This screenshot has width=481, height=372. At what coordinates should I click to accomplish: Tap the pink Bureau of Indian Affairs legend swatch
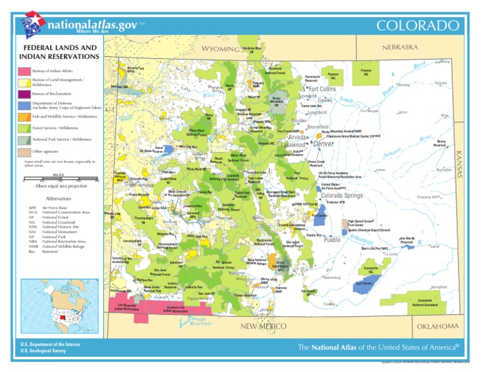pyautogui.click(x=23, y=71)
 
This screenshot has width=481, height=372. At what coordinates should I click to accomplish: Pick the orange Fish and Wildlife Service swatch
pyautogui.click(x=23, y=116)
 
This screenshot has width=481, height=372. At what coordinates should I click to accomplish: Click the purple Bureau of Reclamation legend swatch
pyautogui.click(x=23, y=94)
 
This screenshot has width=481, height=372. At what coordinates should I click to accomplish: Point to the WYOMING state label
pyautogui.click(x=220, y=49)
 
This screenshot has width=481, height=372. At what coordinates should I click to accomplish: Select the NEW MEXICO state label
pyautogui.click(x=264, y=326)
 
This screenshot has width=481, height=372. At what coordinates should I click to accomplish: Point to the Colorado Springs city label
pyautogui.click(x=342, y=195)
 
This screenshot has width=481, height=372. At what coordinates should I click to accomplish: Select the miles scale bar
pyautogui.click(x=59, y=180)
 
